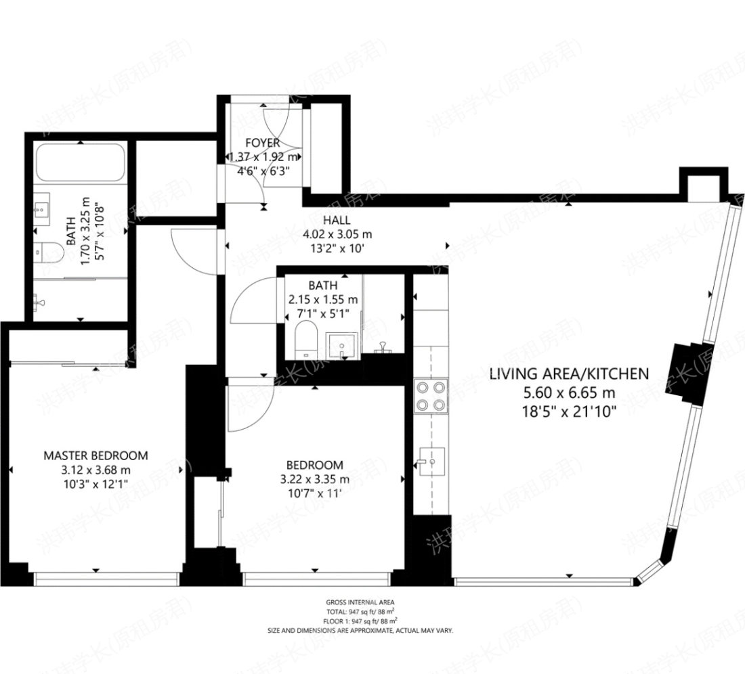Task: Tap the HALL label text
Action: pos(337,220)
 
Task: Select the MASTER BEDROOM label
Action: pos(95,455)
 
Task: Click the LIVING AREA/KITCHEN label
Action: pos(569,373)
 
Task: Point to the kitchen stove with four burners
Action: pos(431,396)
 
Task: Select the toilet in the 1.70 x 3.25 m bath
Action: pos(49,252)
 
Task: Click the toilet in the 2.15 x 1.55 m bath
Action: pos(306,339)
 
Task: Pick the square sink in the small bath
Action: pos(341,345)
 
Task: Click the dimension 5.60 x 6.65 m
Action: pos(569,392)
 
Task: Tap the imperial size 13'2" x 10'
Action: pos(337,248)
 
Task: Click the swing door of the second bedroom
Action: pos(247,405)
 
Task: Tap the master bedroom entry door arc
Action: pos(193,250)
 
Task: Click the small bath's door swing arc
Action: pos(251,301)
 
